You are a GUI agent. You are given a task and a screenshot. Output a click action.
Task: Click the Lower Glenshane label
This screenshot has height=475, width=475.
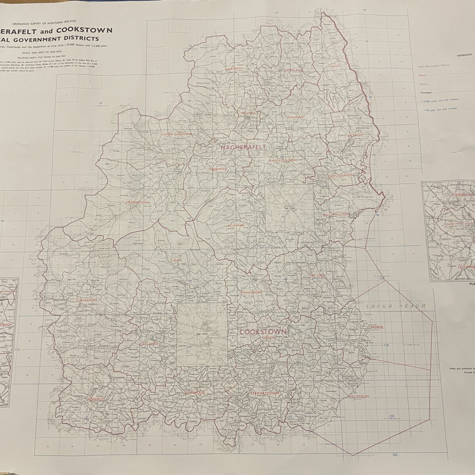click(x=177, y=134)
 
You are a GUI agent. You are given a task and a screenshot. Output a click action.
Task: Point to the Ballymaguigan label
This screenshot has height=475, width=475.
click(x=337, y=214)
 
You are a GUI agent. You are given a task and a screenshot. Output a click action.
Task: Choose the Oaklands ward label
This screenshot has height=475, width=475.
click(x=149, y=344)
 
